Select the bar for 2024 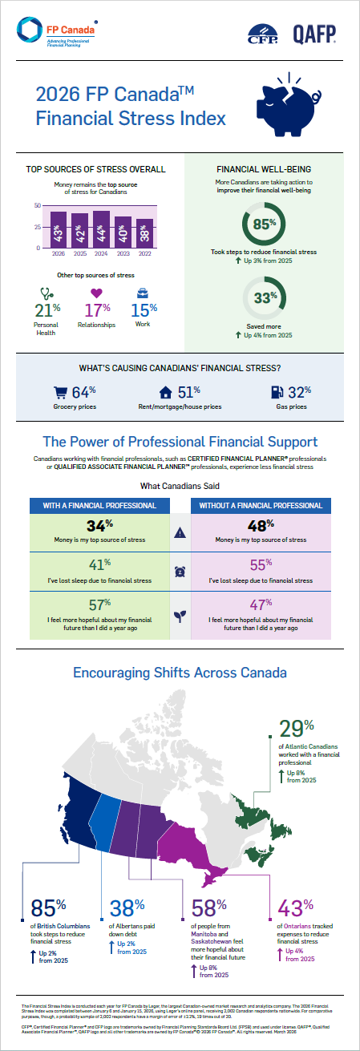(101, 229)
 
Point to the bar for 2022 (144, 233)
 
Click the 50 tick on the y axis (38, 206)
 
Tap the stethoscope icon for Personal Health (45, 293)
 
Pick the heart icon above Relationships (97, 293)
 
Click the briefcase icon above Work (142, 293)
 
